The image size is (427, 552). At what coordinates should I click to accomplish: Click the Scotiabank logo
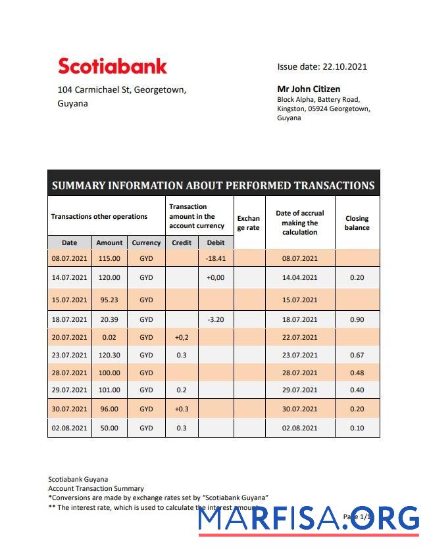click(x=113, y=66)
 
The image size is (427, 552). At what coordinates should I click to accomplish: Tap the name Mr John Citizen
click(x=309, y=89)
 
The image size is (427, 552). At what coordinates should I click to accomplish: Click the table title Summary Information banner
click(x=213, y=185)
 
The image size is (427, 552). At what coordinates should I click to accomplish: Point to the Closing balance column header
click(x=357, y=223)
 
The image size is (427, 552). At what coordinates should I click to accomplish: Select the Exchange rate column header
click(x=249, y=223)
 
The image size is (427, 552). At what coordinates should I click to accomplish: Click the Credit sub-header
click(x=182, y=242)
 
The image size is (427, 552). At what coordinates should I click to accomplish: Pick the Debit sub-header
click(x=216, y=242)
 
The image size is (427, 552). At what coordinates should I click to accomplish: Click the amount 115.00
click(x=109, y=258)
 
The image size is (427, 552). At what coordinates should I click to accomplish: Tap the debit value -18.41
click(x=216, y=258)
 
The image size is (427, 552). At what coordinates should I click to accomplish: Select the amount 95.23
click(x=109, y=300)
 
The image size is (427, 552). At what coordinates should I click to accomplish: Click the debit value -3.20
click(x=216, y=319)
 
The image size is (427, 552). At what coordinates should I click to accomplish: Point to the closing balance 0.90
click(x=357, y=319)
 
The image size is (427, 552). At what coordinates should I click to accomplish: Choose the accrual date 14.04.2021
click(x=300, y=277)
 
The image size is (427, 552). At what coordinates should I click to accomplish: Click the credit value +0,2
click(x=182, y=337)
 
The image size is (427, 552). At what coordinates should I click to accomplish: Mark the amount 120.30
click(x=109, y=355)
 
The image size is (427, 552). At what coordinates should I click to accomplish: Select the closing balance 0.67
click(x=357, y=355)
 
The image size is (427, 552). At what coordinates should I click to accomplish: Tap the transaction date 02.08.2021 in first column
click(x=69, y=428)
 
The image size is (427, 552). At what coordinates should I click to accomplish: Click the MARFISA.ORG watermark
click(x=309, y=519)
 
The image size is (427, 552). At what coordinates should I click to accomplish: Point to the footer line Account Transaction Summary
click(x=96, y=488)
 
